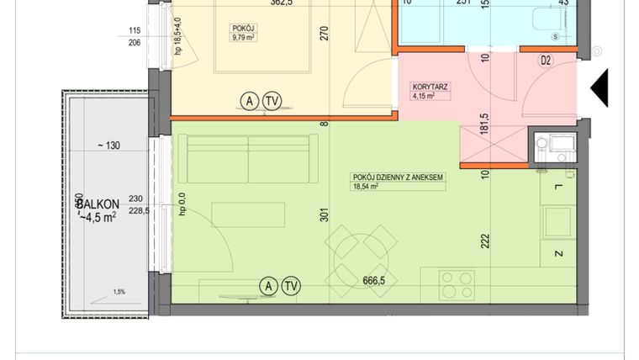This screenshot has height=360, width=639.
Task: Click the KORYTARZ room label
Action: coord(430,87)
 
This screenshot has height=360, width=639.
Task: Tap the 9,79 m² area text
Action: coord(243,36)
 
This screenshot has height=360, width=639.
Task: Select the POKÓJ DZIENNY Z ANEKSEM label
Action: coord(398,177)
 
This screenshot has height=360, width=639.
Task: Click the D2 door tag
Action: coord(546,61)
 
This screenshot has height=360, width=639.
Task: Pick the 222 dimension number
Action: coord(485,241)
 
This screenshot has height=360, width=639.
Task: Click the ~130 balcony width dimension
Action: coord(108,146)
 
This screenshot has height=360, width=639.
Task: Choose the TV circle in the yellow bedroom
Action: coord(272,102)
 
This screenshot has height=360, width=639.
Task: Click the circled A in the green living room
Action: coord(269,286)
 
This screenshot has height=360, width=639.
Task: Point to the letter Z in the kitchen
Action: coord(557,253)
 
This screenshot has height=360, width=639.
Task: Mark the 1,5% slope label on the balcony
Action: coord(119,293)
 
